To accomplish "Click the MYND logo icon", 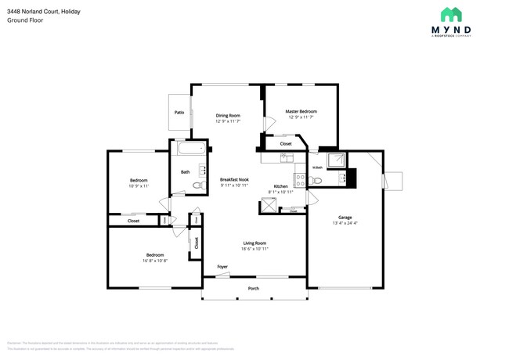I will click(450, 14).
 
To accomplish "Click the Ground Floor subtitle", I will click(24, 20).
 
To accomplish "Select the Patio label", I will click(179, 113).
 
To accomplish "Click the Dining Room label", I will click(228, 116).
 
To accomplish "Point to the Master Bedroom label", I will click(301, 111).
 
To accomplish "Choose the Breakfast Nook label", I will click(234, 179).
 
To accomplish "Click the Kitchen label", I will click(280, 186).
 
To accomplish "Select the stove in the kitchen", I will click(299, 178).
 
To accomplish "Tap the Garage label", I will click(345, 217).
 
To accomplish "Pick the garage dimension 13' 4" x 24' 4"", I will click(345, 223).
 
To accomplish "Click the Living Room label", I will click(254, 243).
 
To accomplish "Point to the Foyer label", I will click(222, 267).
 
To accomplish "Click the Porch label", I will click(254, 288).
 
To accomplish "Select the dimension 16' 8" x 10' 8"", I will click(154, 261).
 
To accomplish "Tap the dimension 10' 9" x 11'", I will click(139, 186).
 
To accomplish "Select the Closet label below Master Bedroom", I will click(286, 143).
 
